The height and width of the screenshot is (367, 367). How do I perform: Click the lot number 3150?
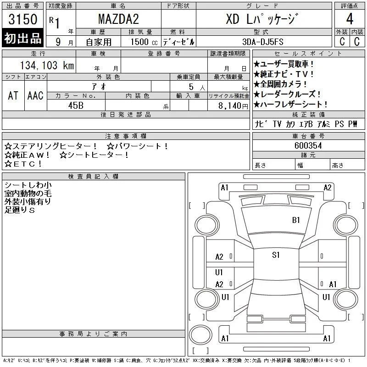click(x=22, y=19)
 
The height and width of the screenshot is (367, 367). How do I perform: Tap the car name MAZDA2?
click(x=118, y=19)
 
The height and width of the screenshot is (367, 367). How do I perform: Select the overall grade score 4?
click(x=350, y=19)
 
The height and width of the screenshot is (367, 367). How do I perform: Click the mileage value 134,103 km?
click(x=47, y=65)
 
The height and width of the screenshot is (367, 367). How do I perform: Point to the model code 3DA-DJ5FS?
click(x=263, y=42)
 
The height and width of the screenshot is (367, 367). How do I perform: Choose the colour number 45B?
click(x=76, y=106)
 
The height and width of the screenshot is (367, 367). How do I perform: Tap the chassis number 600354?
click(x=308, y=145)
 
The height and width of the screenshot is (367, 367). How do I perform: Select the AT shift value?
click(x=13, y=96)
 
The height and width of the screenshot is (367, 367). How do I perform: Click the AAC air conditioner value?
click(x=35, y=96)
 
